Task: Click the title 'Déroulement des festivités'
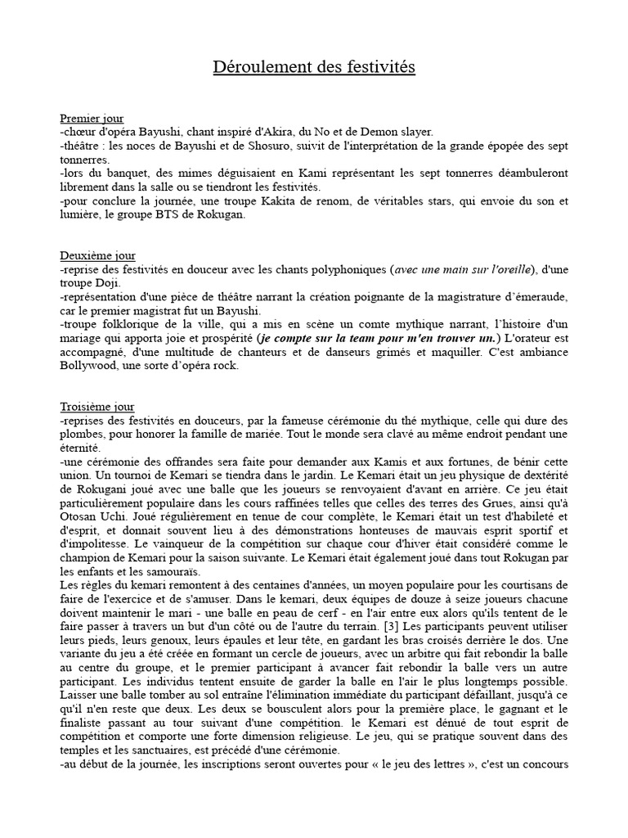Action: (x=314, y=66)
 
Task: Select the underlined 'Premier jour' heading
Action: (x=92, y=119)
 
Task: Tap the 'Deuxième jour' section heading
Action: (x=97, y=255)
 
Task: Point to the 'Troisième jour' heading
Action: (x=97, y=407)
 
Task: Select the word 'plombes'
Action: (x=84, y=435)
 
